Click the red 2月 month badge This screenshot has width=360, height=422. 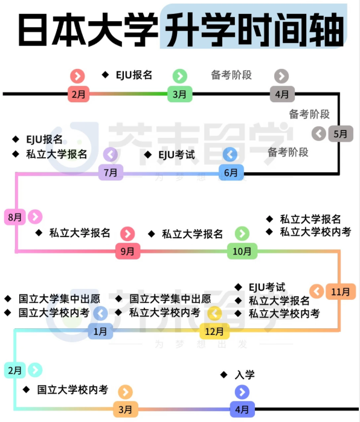(79, 94)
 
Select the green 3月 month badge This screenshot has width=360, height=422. (179, 94)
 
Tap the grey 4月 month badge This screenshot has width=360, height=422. (282, 94)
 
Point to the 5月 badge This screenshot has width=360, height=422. (341, 134)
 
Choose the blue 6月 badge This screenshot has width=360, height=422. (231, 172)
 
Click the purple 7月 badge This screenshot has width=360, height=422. (111, 172)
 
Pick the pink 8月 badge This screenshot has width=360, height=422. (14, 217)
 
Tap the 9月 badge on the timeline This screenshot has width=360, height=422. (127, 251)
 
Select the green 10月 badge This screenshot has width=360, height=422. (242, 251)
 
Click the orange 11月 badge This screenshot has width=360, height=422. (341, 291)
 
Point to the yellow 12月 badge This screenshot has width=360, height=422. (214, 331)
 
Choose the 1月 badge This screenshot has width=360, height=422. (100, 331)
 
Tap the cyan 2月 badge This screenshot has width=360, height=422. (14, 371)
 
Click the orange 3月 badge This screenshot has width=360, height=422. (125, 409)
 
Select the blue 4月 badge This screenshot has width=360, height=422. (242, 409)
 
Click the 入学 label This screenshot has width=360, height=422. (245, 375)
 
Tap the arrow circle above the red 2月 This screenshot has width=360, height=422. (78, 76)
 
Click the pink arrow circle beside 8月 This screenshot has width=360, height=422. (35, 216)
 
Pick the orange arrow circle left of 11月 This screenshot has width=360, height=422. (317, 291)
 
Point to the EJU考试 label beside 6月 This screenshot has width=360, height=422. (176, 155)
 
